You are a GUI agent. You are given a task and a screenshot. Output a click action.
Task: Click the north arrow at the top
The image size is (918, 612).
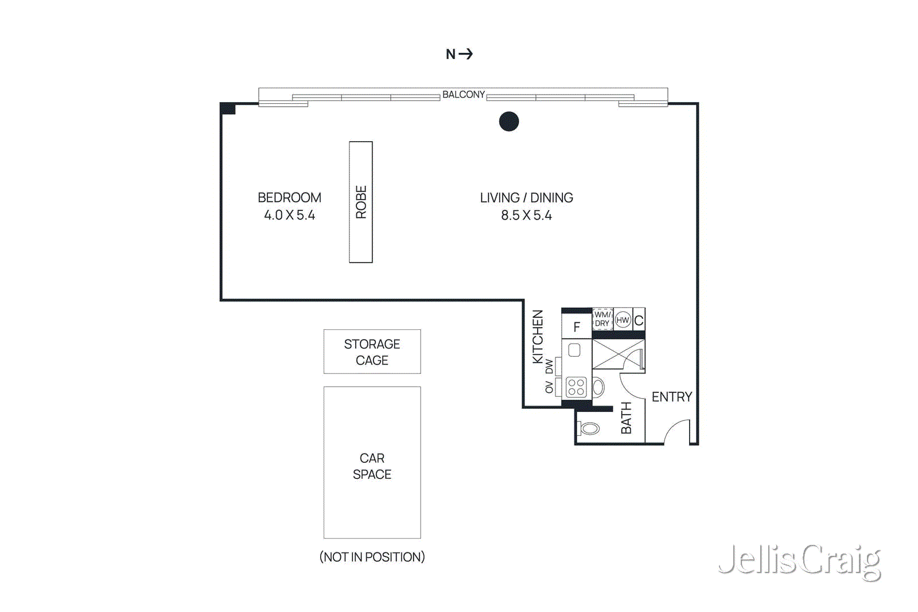coord(460,54)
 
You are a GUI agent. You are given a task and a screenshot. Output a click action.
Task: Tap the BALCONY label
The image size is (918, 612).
coord(463,95)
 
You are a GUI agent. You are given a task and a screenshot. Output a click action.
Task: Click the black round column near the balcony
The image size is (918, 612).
coord(509,121)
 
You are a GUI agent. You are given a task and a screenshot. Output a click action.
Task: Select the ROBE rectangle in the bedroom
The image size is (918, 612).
coord(361,202)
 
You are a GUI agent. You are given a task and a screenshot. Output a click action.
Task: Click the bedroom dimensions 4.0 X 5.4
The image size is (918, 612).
coord(289,215)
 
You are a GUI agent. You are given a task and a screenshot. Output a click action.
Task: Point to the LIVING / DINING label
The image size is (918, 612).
coord(526,197)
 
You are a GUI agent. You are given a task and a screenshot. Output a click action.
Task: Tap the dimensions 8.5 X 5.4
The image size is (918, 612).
coord(526,215)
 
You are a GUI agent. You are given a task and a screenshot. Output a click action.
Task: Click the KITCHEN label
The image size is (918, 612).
coord(538,337)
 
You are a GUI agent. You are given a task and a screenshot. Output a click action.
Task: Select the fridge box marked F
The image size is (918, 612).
coord(577,326)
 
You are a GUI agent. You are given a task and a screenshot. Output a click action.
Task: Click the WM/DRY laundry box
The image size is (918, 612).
coord(602,319)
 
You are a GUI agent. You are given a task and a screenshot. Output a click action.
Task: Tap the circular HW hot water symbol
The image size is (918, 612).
coord(623,320)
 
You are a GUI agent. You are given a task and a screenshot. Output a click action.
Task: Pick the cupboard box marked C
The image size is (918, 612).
coord(639,320)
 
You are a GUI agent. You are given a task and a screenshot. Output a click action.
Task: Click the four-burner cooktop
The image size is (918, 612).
coord(576,387)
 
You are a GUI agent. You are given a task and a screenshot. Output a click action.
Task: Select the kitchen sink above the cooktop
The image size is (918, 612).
coord(574,350)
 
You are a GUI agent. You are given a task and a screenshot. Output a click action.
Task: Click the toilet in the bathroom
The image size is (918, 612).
coord(589,428)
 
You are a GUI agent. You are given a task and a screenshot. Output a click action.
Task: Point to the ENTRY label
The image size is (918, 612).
coord(671,397)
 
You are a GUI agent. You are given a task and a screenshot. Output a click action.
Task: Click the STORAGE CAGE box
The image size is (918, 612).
coord(372,352)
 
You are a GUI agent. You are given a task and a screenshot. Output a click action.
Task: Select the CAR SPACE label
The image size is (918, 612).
coord(372,466)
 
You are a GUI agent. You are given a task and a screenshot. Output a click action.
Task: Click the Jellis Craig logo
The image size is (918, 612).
coord(799,560)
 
